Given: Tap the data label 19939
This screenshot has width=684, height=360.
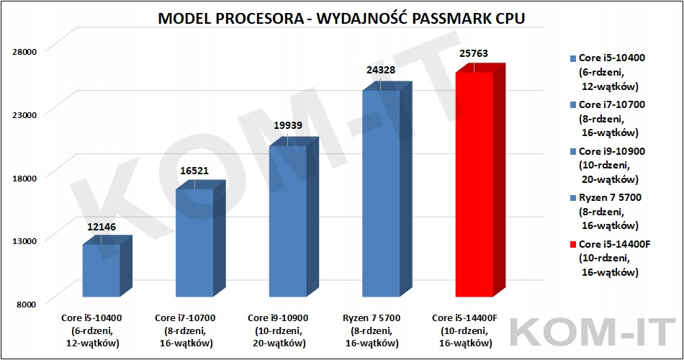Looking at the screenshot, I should [288, 126].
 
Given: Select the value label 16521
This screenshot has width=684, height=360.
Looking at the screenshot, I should [195, 171].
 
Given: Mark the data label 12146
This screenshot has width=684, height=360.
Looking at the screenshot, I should [102, 226].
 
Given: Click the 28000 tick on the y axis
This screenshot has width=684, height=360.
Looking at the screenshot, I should [27, 50].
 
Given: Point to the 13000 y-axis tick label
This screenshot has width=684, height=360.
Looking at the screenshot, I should [27, 240].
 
